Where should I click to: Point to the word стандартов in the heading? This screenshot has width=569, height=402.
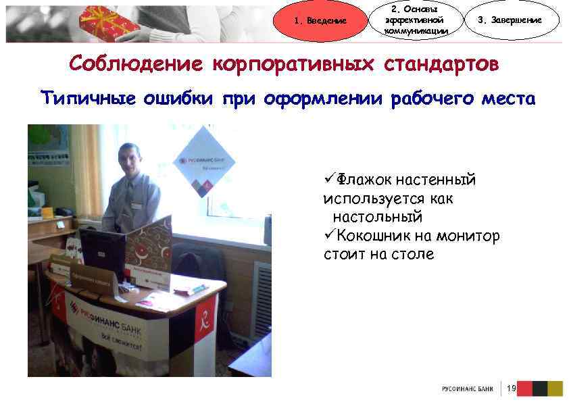pos(442,65)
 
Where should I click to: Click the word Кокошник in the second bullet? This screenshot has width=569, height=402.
pos(376,236)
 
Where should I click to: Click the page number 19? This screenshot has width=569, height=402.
pos(511,388)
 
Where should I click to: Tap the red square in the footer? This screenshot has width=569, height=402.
pos(523,388)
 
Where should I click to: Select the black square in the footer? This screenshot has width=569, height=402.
pos(539,388)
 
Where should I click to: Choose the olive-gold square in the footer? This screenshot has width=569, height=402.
pos(555,388)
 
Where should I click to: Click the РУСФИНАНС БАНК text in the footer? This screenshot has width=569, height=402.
pos(467,389)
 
